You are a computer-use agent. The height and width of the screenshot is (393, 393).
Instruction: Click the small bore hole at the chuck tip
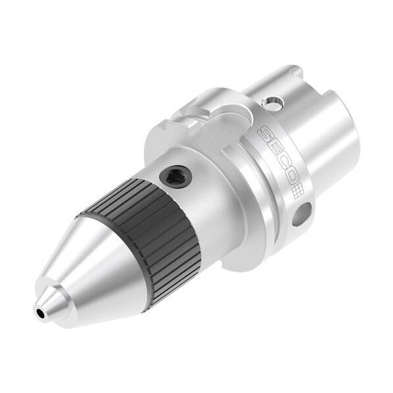[40, 313]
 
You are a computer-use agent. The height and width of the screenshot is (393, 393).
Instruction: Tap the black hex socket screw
[175, 177]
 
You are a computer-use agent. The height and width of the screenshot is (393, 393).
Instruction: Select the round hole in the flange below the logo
[302, 214]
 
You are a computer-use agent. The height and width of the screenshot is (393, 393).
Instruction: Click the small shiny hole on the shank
[273, 103]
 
